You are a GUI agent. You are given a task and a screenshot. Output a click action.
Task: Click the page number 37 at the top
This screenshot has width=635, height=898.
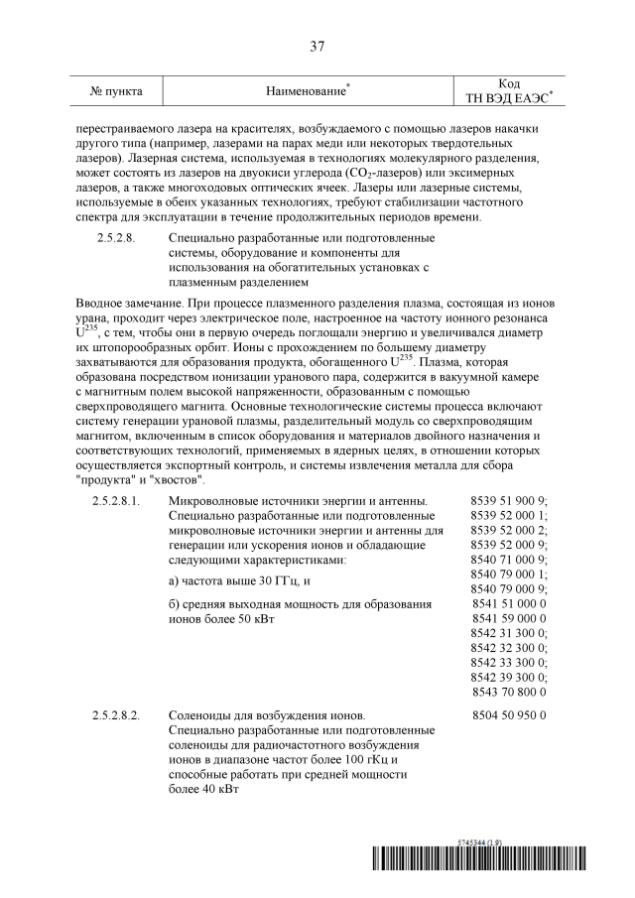click(x=317, y=47)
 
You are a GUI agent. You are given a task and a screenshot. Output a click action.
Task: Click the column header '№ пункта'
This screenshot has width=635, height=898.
click(x=116, y=91)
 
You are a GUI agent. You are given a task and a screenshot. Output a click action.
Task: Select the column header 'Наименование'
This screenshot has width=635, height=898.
click(x=307, y=91)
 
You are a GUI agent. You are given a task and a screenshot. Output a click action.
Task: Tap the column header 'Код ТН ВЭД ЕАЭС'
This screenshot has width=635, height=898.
click(x=509, y=91)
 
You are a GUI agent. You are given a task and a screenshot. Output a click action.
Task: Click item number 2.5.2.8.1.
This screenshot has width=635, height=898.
click(x=116, y=501)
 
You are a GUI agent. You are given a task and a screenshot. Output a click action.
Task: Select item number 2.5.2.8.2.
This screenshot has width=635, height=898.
click(x=116, y=714)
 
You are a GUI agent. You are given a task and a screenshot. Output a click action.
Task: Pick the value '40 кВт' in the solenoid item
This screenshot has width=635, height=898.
click(x=219, y=790)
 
